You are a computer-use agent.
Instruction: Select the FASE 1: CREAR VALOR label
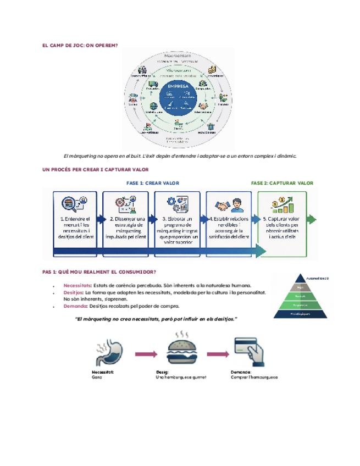point(153,183)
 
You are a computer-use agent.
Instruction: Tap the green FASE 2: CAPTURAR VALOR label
point(282,183)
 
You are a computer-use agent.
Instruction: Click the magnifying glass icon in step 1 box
point(73,204)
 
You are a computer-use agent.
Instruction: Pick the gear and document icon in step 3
point(178,205)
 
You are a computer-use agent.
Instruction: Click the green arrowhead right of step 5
point(312,219)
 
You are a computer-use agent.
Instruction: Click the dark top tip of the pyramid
point(301,278)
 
